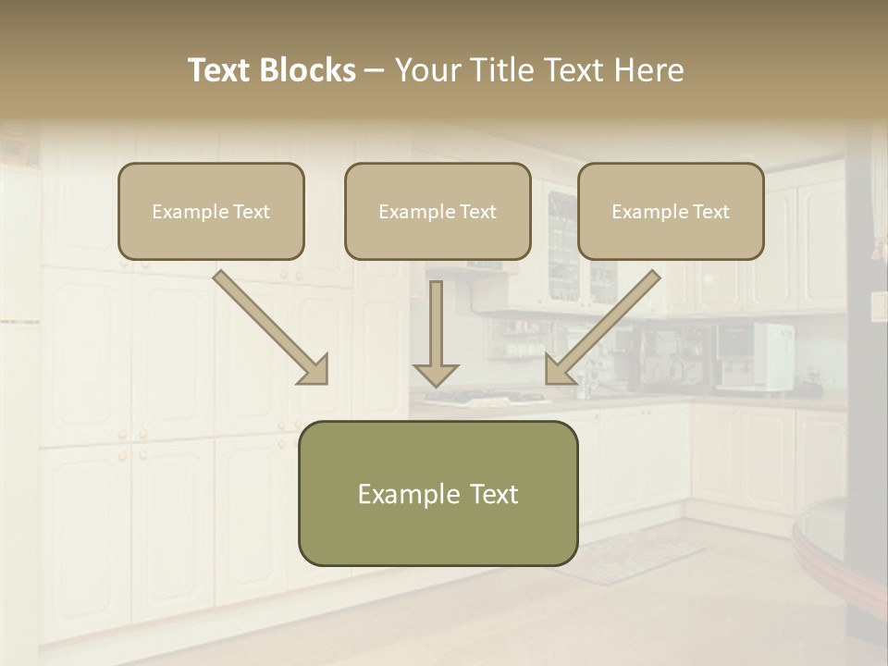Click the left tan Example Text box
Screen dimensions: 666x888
pyautogui.click(x=211, y=212)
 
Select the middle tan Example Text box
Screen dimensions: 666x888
pyautogui.click(x=438, y=212)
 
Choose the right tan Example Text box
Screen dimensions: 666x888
pyautogui.click(x=671, y=212)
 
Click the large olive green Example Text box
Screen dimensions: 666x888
pyautogui.click(x=438, y=494)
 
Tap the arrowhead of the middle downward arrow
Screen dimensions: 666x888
pyautogui.click(x=436, y=374)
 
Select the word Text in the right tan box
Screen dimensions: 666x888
pyautogui.click(x=710, y=212)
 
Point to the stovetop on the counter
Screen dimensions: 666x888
pyautogui.click(x=486, y=399)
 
